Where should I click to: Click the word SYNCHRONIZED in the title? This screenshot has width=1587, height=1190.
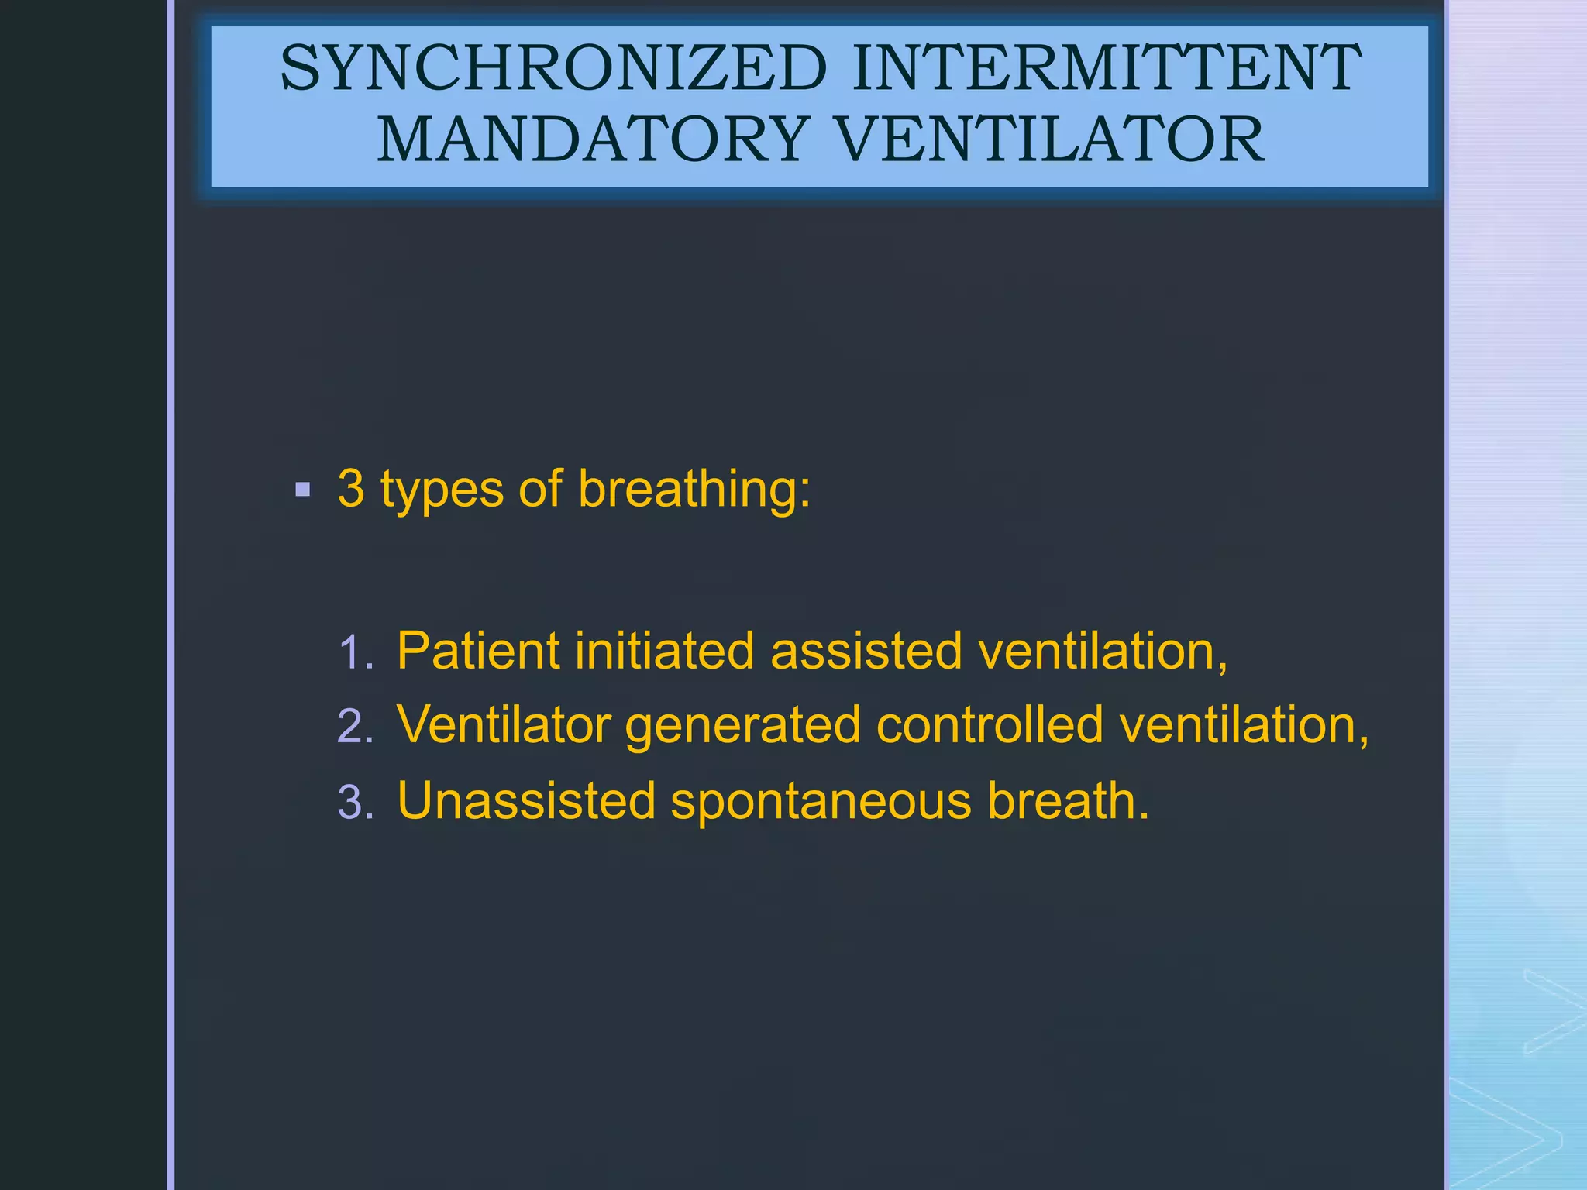point(553,68)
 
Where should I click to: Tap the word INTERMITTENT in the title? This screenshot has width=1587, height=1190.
point(1106,68)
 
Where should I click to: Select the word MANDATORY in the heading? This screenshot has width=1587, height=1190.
point(594,140)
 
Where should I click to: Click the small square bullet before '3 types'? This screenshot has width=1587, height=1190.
point(303,490)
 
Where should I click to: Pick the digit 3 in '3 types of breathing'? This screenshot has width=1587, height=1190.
point(351,490)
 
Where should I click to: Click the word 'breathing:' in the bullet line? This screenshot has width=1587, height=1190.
point(694,490)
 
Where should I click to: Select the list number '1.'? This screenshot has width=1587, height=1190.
point(356,653)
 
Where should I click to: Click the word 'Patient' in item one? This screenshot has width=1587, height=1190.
point(478,651)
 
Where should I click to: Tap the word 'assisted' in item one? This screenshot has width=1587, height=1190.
point(866,651)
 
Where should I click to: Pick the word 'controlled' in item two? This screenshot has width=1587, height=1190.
point(990,725)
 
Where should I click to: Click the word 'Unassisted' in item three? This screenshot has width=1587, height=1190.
point(527,800)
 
